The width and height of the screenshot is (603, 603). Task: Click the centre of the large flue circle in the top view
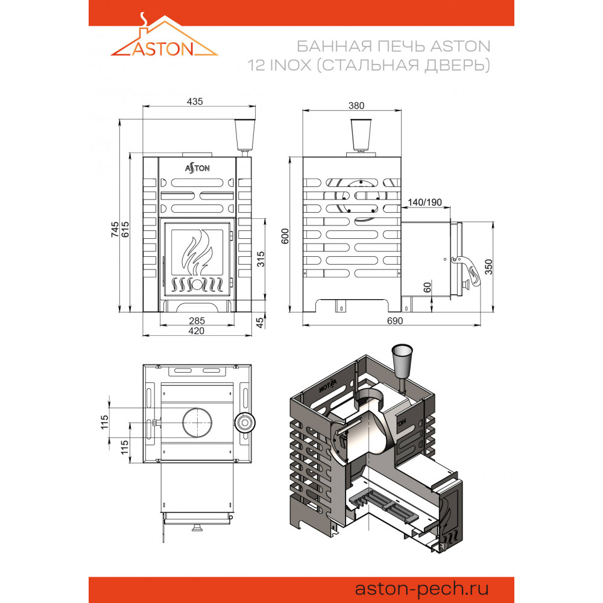(197, 422)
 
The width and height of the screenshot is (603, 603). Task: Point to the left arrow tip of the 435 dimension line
(143, 107)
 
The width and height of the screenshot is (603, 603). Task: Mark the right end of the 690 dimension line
(481, 326)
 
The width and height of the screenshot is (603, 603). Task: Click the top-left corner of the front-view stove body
(144, 157)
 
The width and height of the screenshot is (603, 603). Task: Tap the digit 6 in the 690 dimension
(389, 321)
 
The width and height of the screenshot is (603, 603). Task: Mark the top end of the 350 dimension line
(493, 222)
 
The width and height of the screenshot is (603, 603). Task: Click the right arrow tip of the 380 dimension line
(401, 111)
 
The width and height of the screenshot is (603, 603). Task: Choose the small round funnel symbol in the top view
(245, 423)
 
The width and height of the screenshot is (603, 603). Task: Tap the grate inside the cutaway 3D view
(382, 503)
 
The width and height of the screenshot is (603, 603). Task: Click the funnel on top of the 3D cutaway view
(402, 361)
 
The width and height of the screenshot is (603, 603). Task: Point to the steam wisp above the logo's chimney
(144, 18)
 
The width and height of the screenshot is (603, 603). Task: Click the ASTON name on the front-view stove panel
(197, 168)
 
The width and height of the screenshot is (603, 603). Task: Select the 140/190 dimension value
(425, 202)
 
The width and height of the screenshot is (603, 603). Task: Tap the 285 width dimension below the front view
(197, 321)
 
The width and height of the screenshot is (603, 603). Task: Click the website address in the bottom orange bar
(421, 589)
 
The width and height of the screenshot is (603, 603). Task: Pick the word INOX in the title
(291, 65)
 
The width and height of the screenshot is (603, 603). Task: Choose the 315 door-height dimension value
(260, 259)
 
